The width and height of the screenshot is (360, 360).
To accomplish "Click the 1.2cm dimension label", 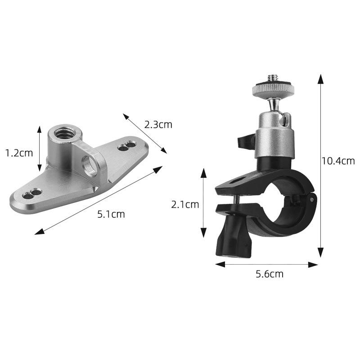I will [19, 153].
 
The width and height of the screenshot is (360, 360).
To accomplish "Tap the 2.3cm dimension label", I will [158, 124].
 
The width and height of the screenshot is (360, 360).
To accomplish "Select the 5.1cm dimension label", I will [111, 214].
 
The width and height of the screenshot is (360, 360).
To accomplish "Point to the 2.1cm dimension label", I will [184, 204].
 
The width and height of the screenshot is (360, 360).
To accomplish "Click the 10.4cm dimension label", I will [338, 161].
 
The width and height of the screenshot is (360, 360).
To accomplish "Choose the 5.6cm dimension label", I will [270, 274].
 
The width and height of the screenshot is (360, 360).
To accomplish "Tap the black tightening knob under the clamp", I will [232, 239].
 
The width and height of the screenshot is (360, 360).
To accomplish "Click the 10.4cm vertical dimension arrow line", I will [320, 166].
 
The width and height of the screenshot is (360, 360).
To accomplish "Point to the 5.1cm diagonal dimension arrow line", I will [99, 200].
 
